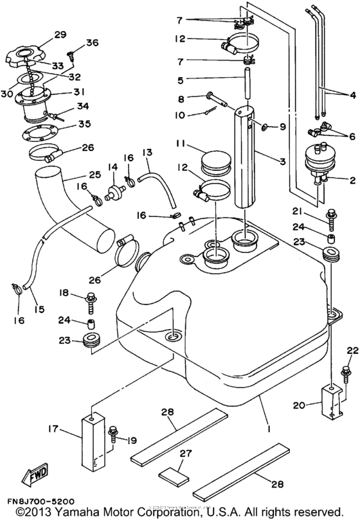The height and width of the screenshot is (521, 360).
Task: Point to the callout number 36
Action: pos(92,44)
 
